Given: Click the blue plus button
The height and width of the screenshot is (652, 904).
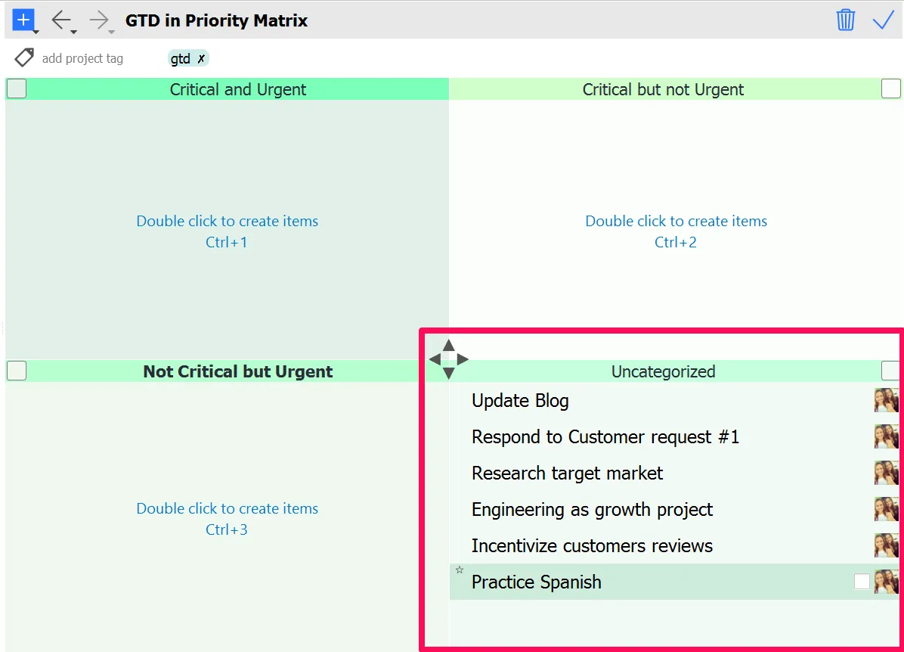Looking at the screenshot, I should pos(23,20).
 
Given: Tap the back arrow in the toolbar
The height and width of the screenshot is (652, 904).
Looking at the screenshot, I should pos(60,20).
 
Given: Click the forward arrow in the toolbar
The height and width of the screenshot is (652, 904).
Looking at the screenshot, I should pos(99,20).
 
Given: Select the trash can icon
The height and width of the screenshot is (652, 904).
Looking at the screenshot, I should pos(845,20).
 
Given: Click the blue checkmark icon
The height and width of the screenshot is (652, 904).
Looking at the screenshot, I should pos(883,20).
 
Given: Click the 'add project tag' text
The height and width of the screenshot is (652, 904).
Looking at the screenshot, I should pos(82,58).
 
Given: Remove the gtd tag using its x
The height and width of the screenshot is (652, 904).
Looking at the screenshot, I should pos(201,59).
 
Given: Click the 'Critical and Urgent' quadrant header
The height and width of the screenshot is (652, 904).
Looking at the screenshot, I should pos(238,89).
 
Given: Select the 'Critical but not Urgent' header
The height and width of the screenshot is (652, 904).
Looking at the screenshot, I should pos(663,89).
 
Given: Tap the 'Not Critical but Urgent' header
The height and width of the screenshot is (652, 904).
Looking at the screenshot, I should pos(238,371).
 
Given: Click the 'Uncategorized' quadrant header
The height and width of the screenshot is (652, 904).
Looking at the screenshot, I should pos(663,371).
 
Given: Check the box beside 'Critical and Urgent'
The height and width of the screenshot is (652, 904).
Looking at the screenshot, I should pos(17,89).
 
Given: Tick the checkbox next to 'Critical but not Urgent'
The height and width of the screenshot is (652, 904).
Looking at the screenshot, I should pos(891,89).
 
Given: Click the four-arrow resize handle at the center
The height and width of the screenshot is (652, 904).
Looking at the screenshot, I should pos(449,359).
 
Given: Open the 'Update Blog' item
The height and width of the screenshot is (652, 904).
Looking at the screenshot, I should pos(520,401).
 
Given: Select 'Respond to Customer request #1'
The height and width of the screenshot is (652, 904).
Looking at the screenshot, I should pos(605,437).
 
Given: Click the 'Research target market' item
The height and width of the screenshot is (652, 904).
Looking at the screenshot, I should pos(567,473).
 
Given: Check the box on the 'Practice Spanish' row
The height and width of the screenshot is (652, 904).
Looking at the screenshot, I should pos(862,582).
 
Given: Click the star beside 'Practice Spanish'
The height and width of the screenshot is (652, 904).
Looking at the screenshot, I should pos(460,570).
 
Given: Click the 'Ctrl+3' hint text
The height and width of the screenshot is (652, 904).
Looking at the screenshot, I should pos(227,529).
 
